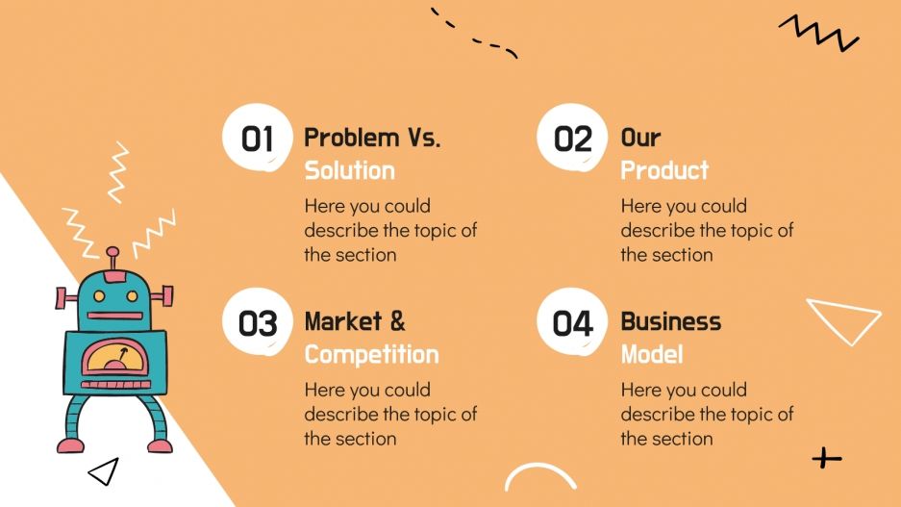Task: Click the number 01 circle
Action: click(x=257, y=139)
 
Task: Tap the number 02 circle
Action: click(x=573, y=139)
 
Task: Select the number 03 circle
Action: click(x=257, y=323)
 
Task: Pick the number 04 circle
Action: click(x=573, y=323)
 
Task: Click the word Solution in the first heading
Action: click(x=349, y=170)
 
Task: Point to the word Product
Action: click(x=664, y=170)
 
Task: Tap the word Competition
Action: click(x=371, y=354)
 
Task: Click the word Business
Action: click(x=670, y=321)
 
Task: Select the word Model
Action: click(x=651, y=354)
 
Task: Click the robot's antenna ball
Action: click(x=113, y=253)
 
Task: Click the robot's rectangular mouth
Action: click(x=113, y=315)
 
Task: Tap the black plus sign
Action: click(x=826, y=458)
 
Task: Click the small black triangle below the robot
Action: click(x=103, y=470)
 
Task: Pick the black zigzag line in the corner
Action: click(x=818, y=34)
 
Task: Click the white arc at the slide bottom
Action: click(x=540, y=476)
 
